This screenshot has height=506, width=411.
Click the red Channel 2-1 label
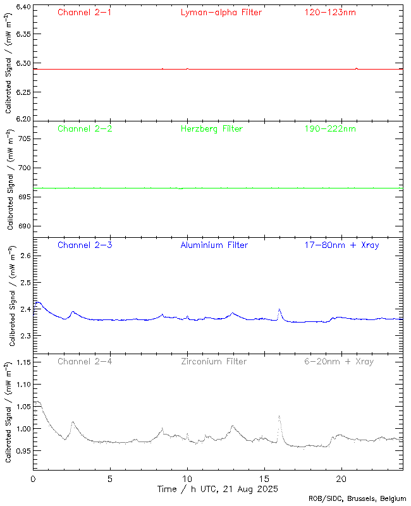coord(84,13)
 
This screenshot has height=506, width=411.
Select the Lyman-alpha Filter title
coord(221,13)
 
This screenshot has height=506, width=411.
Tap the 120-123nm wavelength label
coord(329,13)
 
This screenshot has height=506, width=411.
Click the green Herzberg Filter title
coord(211,129)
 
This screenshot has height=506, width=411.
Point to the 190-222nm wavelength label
coord(329,129)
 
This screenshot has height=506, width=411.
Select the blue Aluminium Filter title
coord(214,245)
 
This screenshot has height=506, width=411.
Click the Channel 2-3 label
coord(84,245)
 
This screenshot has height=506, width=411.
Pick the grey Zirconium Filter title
coord(214,362)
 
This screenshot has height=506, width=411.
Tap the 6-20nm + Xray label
coord(338,362)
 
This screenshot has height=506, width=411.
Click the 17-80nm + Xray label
coord(341,245)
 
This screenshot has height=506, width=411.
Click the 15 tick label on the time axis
coord(264,479)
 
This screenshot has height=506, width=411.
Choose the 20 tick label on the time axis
coord(341,479)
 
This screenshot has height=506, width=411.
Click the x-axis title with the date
coord(217,489)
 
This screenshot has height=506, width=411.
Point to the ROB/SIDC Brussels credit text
coord(357,499)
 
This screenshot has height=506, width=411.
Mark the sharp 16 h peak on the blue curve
coord(279,309)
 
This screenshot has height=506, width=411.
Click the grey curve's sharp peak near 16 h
coord(279,416)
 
